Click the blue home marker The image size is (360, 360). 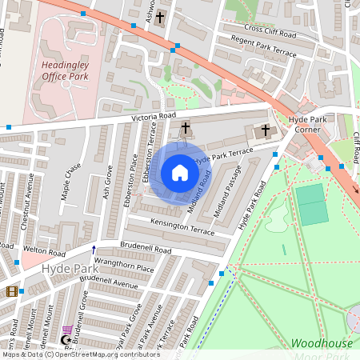point(180,172)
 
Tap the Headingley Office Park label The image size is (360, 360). point(65,72)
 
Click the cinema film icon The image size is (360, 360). point(11,292)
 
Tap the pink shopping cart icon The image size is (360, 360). point(69,330)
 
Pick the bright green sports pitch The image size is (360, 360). point(312,204)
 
